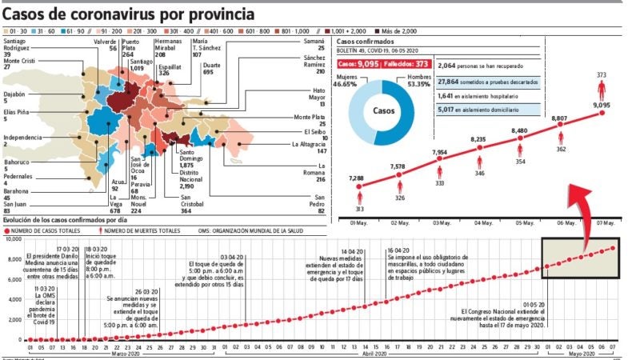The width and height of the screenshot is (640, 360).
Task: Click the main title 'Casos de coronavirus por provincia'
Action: coord(130,14)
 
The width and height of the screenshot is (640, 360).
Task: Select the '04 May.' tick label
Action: coord(482,223)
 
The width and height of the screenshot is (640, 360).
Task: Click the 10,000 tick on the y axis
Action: coord(11,239)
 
